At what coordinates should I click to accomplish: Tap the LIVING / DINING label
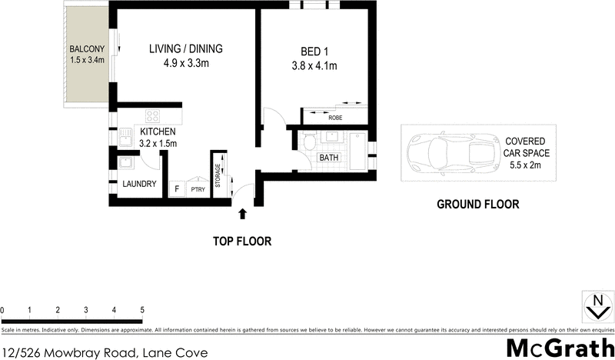pyautogui.click(x=186, y=49)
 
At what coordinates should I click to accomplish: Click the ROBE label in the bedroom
pyautogui.click(x=335, y=118)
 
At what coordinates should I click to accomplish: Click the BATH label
pyautogui.click(x=328, y=158)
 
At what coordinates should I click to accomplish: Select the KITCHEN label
pyautogui.click(x=158, y=132)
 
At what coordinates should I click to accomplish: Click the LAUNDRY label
pyautogui.click(x=140, y=184)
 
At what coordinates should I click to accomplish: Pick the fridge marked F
pyautogui.click(x=177, y=188)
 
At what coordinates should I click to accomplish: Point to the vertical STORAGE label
pyautogui.click(x=218, y=175)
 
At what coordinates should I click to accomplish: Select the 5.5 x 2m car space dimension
pyautogui.click(x=525, y=163)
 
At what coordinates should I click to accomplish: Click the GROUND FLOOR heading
pyautogui.click(x=477, y=205)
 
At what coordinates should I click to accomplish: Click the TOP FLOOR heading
pyautogui.click(x=242, y=241)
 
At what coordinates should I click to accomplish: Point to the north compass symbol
pyautogui.click(x=593, y=306)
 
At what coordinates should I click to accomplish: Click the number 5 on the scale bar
pyautogui.click(x=142, y=310)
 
